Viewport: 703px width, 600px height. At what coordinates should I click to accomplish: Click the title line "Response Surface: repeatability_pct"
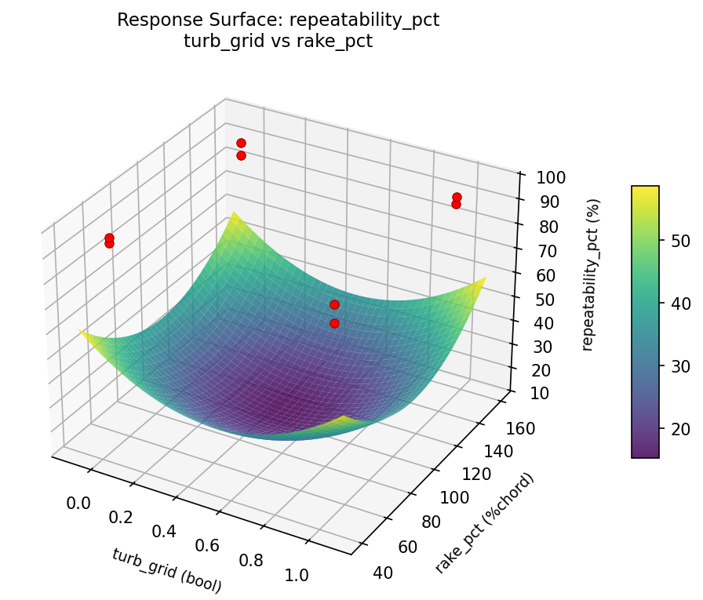(x=278, y=20)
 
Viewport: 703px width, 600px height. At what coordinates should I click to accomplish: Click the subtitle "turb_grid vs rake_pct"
(x=278, y=42)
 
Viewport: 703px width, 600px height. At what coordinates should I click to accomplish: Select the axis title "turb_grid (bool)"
(x=166, y=569)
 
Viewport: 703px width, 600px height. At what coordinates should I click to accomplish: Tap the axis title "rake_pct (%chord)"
(x=484, y=522)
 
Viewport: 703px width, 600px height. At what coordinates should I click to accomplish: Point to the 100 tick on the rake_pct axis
(x=456, y=498)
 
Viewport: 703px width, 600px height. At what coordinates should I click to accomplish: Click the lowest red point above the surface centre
(x=334, y=323)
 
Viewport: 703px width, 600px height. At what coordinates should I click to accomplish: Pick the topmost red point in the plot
(x=241, y=143)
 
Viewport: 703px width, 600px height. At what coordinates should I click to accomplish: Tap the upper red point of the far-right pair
(x=457, y=197)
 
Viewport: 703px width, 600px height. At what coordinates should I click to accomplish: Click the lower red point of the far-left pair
(x=109, y=243)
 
